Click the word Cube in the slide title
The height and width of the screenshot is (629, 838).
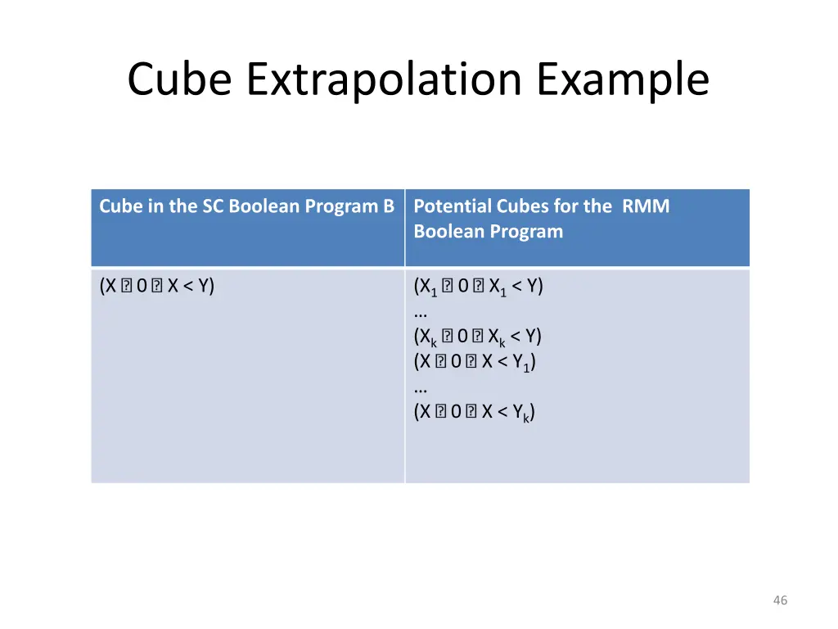pyautogui.click(x=182, y=80)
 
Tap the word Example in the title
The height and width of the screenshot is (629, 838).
pyautogui.click(x=624, y=80)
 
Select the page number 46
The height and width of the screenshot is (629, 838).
pyautogui.click(x=780, y=600)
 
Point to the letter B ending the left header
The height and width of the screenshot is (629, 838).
pyautogui.click(x=389, y=206)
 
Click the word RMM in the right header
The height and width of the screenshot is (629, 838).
pyautogui.click(x=645, y=206)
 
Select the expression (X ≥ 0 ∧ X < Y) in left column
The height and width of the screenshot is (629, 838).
pyautogui.click(x=156, y=286)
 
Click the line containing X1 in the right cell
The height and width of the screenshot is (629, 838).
pyautogui.click(x=479, y=287)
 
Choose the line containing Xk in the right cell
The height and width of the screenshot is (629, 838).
pyautogui.click(x=478, y=337)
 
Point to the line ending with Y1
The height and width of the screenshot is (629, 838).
pyautogui.click(x=475, y=362)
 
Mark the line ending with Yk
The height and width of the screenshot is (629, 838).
pyautogui.click(x=475, y=412)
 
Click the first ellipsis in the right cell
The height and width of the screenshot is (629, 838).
pyautogui.click(x=421, y=313)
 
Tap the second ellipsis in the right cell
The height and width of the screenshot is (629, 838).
pyautogui.click(x=421, y=387)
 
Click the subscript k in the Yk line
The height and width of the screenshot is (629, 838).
pyautogui.click(x=527, y=418)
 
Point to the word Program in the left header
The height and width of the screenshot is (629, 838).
pyautogui.click(x=342, y=206)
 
